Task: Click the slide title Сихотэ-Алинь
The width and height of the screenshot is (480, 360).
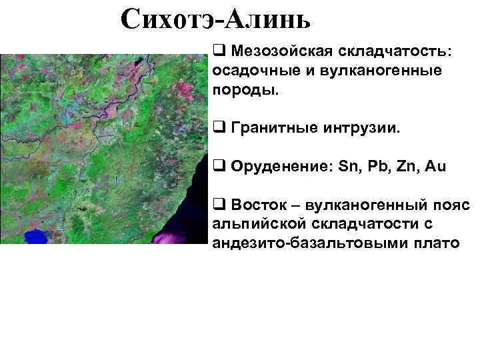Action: coord(217,21)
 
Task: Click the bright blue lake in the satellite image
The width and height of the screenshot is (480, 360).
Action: coord(37,236)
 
